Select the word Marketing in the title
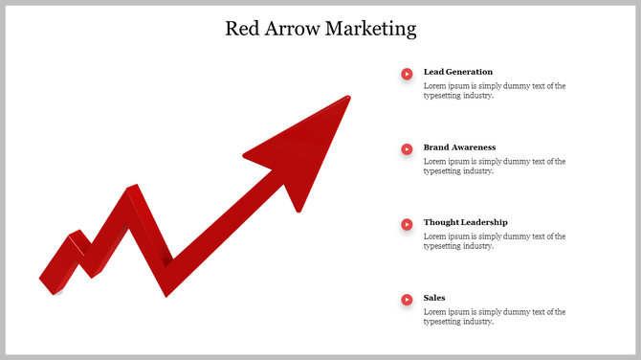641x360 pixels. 371,29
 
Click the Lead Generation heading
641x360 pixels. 458,72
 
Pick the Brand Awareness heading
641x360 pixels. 459,147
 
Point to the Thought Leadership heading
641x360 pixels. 465,222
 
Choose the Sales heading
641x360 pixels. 434,298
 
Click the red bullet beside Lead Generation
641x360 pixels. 407,73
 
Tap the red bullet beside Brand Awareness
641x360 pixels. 407,148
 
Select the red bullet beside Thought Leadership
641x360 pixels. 407,223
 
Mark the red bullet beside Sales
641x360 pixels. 407,299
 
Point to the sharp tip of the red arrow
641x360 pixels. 348,98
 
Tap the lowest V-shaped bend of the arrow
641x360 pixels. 166,290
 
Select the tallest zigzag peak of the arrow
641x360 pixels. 132,189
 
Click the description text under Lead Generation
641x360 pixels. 494,91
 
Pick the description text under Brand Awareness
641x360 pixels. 494,167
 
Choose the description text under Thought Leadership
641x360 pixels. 494,241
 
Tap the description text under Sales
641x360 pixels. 494,317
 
